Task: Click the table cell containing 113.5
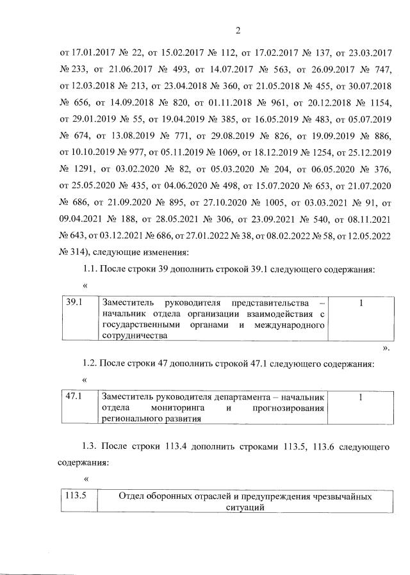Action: coord(78,496)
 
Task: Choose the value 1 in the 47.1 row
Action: coord(361,398)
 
